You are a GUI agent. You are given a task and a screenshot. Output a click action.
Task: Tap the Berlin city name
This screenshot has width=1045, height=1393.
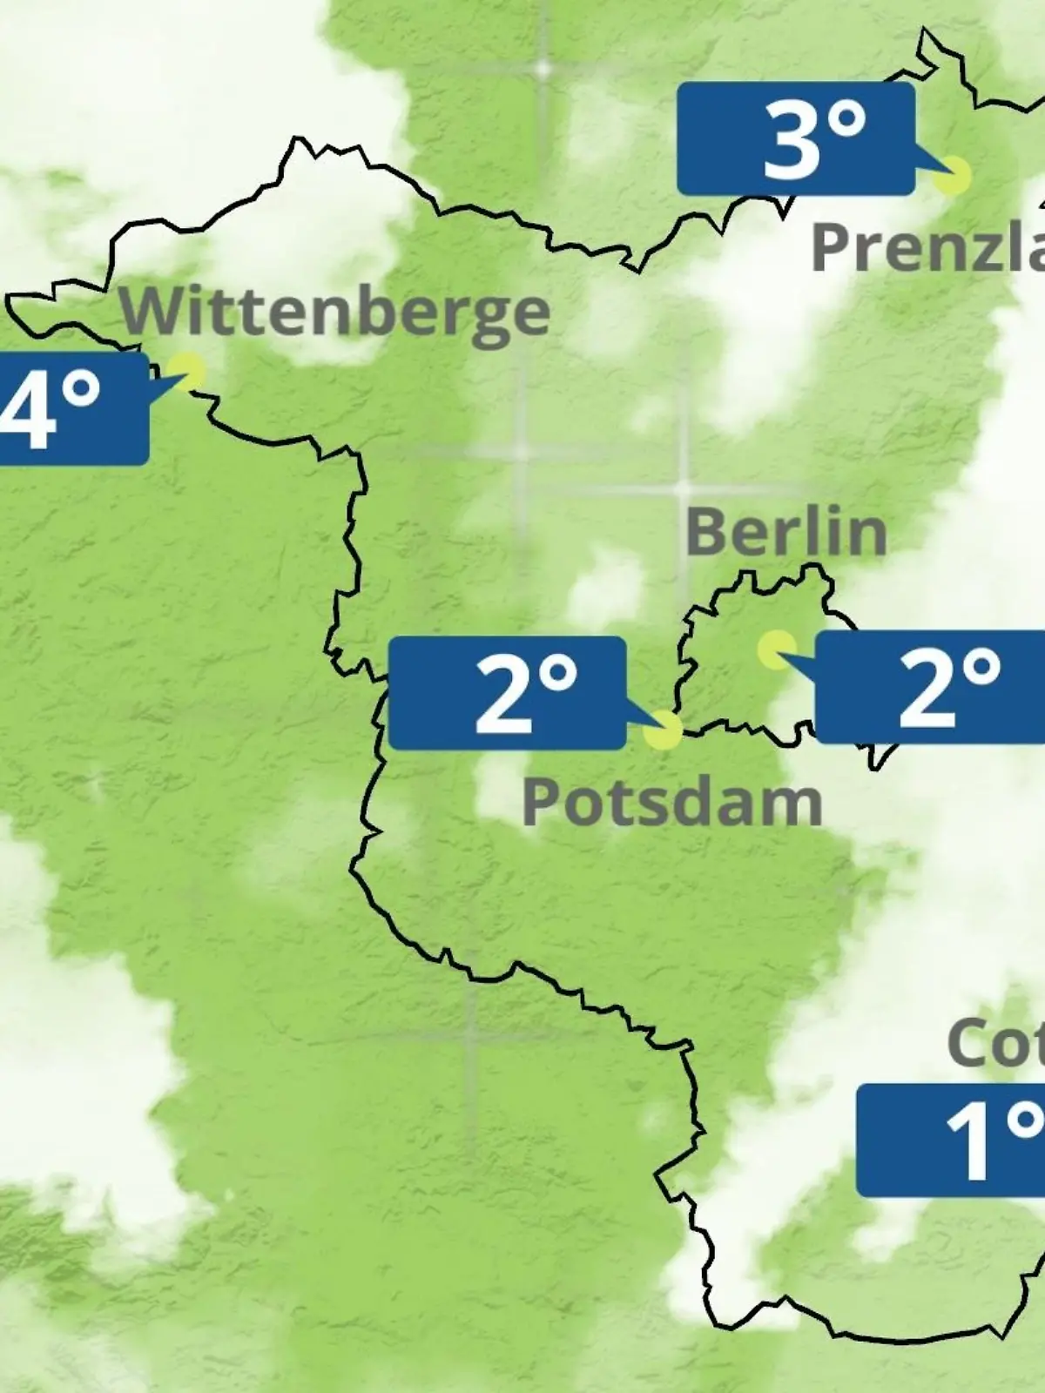tap(785, 532)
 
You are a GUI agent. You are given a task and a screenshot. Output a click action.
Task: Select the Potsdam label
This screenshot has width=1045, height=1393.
tap(671, 802)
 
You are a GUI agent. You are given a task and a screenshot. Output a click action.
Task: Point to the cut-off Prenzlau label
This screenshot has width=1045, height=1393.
tap(927, 247)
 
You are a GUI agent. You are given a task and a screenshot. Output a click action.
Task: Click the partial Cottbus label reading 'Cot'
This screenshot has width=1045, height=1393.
tap(995, 1042)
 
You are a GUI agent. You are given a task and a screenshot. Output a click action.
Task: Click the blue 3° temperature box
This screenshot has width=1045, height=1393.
tap(796, 139)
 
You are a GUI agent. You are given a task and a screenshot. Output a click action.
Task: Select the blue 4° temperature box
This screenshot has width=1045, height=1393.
tap(70, 408)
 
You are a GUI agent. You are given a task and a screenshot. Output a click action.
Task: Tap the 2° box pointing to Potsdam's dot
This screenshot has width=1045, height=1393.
tap(507, 693)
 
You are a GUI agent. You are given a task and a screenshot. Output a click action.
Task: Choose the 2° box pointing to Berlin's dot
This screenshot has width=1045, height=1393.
tap(930, 687)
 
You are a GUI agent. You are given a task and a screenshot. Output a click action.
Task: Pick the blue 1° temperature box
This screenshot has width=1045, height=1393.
tap(950, 1140)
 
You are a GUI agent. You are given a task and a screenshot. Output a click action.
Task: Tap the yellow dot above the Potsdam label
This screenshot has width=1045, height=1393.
tap(663, 730)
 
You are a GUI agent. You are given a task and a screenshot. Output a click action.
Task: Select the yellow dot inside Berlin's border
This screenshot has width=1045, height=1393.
tap(775, 649)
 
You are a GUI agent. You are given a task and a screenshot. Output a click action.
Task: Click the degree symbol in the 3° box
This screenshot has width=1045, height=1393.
tap(846, 119)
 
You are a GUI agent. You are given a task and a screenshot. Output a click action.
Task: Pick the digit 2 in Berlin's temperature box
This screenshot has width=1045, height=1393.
tap(926, 690)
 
